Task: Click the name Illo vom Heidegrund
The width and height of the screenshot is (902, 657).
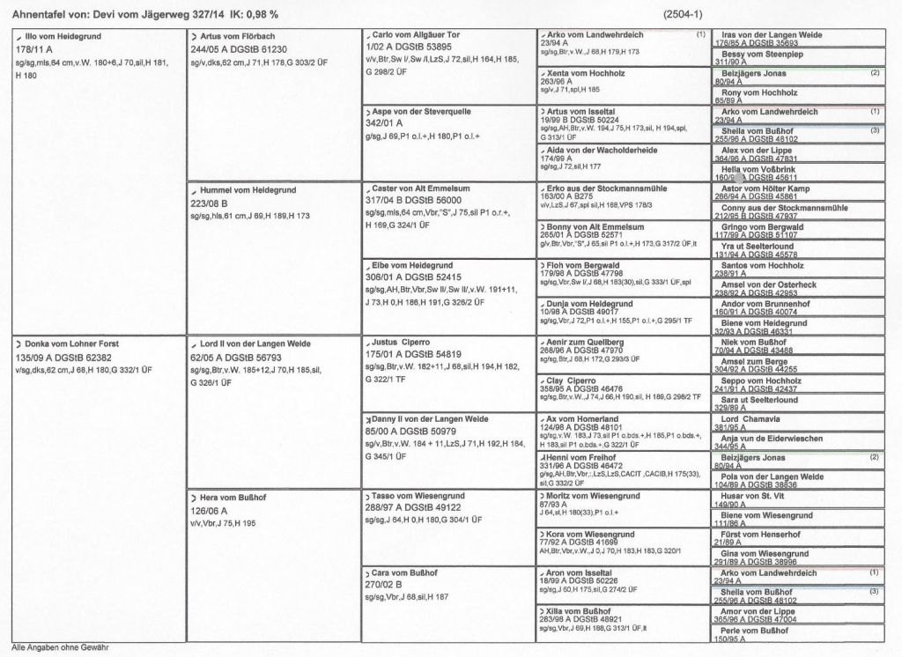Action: point(61,36)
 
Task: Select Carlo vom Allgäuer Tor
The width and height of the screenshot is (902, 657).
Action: point(410,35)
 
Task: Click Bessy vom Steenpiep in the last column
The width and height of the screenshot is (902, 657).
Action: point(762,54)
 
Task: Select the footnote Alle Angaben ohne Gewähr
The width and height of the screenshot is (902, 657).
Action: point(60,646)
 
